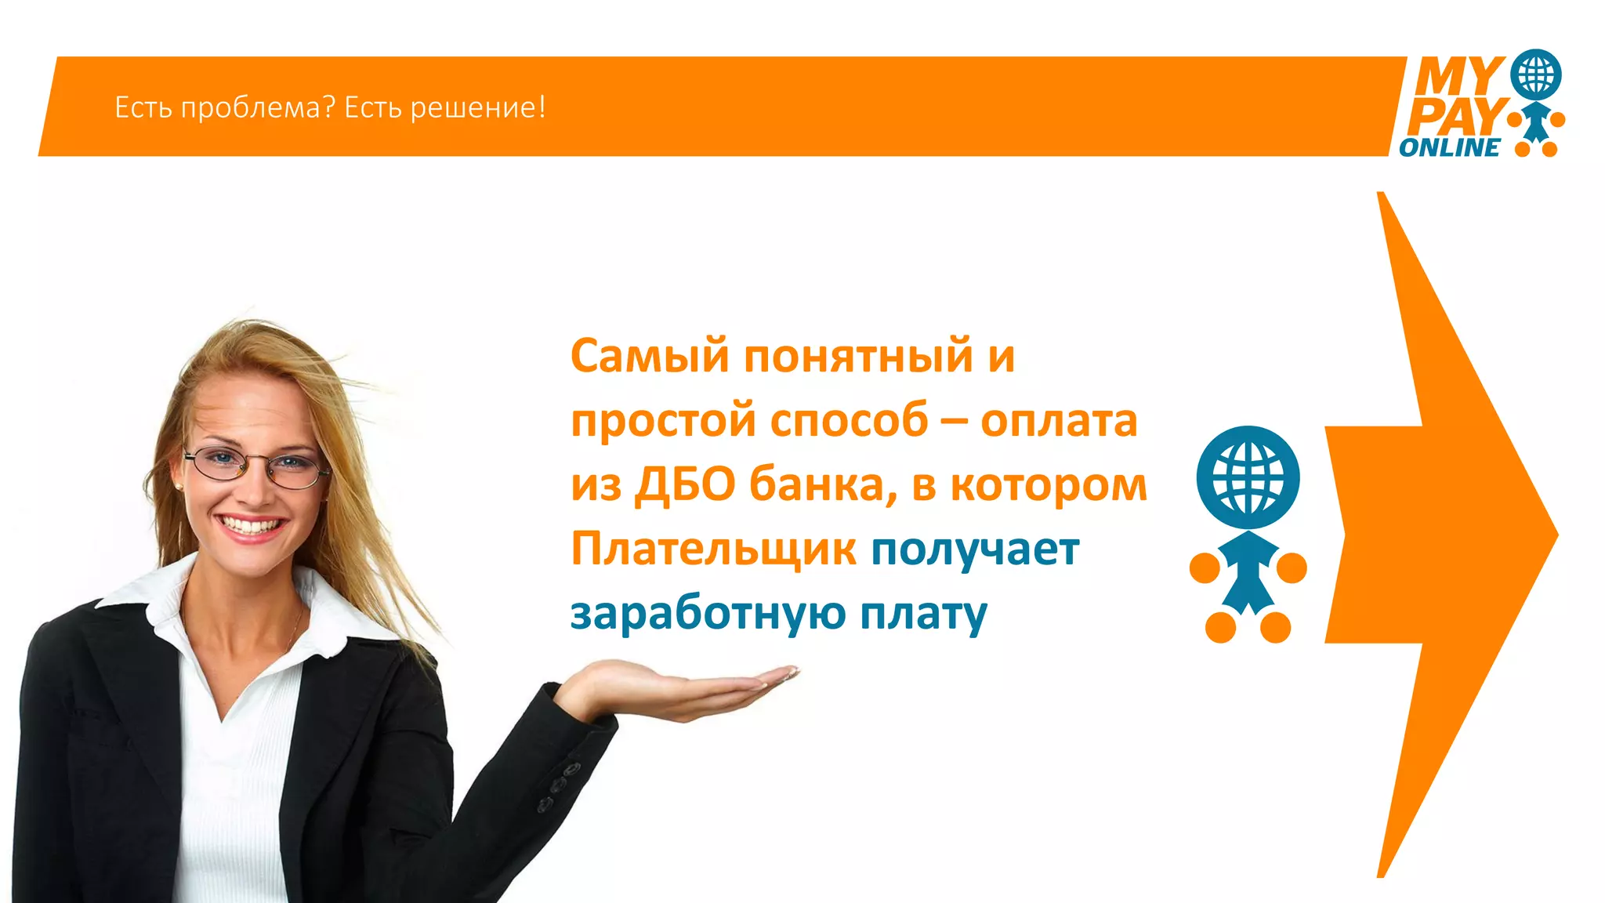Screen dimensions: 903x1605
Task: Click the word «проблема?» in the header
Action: (x=252, y=107)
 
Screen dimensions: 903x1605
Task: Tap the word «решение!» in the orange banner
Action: (x=478, y=107)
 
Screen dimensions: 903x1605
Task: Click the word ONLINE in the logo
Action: (x=1449, y=147)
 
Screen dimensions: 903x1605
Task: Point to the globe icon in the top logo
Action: (x=1535, y=74)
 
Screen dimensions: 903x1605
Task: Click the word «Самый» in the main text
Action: (x=650, y=357)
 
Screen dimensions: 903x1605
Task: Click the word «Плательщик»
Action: (x=713, y=549)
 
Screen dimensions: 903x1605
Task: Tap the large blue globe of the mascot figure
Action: (x=1248, y=477)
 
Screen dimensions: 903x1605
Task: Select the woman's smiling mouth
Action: (x=251, y=527)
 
